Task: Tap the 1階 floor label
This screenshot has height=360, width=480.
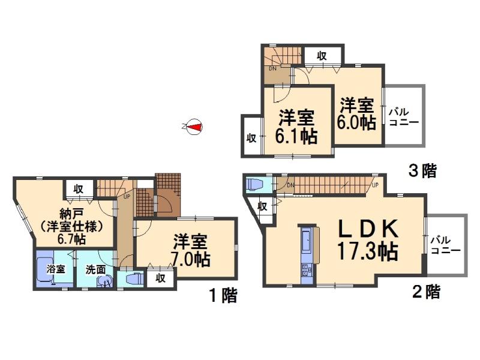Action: (x=223, y=295)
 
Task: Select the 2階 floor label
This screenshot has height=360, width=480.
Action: (x=426, y=293)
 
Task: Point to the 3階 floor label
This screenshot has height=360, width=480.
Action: (x=422, y=172)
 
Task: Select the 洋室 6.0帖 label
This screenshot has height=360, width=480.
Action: (x=358, y=114)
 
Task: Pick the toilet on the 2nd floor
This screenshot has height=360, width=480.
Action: (x=254, y=184)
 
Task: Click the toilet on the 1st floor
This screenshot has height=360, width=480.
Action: (x=133, y=279)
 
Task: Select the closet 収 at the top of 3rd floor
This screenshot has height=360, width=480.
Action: (x=322, y=56)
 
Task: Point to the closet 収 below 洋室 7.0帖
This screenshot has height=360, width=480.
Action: (x=160, y=278)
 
